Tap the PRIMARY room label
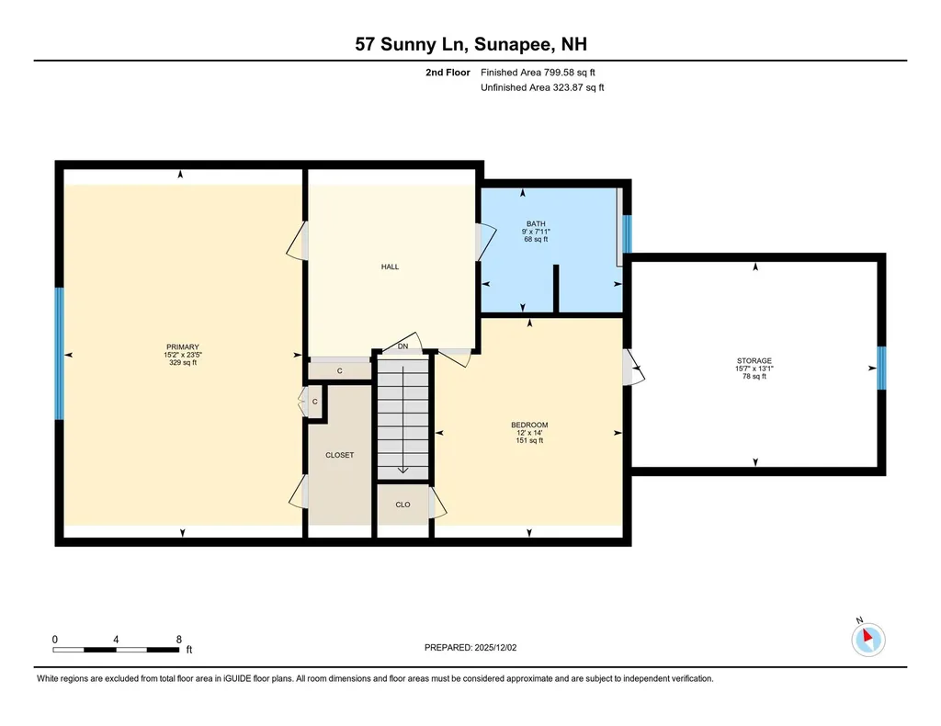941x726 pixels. tap(181, 346)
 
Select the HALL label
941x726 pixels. tap(390, 267)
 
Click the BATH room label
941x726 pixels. tap(535, 223)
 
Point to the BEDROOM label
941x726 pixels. tap(529, 425)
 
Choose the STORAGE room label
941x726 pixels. tap(754, 361)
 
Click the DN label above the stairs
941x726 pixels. tap(402, 346)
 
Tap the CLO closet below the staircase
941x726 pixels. tap(402, 505)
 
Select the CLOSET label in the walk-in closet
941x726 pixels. tap(339, 455)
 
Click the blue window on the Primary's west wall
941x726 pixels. tap(60, 354)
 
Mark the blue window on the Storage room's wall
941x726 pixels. tap(880, 368)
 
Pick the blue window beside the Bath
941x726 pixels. tap(628, 233)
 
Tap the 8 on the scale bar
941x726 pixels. tap(178, 639)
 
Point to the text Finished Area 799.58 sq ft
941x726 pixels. tap(543, 72)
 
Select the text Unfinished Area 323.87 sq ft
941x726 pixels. tap(542, 87)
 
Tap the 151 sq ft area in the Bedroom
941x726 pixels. tap(529, 440)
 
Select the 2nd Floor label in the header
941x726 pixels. tap(448, 72)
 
